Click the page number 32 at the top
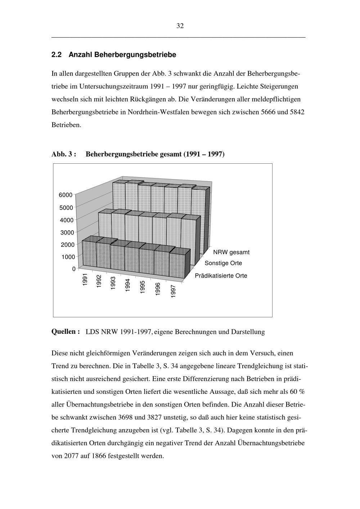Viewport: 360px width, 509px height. coord(180,26)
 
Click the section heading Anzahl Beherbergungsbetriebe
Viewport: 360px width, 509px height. coord(122,55)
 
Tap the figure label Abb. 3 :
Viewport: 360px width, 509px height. coord(64,154)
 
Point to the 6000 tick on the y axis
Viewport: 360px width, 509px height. coord(66,195)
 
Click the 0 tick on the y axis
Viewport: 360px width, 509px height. coord(74,269)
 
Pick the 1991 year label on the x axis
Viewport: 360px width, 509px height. coord(85,280)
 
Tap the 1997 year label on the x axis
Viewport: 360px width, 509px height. coord(173,291)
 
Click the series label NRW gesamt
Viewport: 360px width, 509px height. coord(231,252)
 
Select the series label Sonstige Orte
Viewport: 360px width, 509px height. coord(223,263)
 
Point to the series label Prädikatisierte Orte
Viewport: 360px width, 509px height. coord(221,276)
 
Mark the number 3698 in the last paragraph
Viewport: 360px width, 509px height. coord(126,418)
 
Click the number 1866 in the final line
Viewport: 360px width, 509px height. coord(100,456)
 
